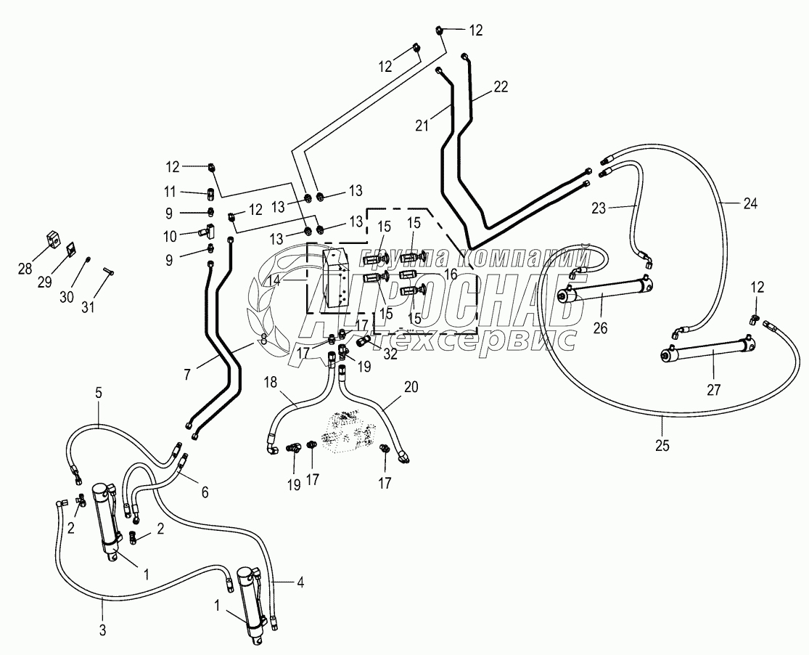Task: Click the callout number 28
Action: click(x=25, y=269)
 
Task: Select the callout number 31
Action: click(x=88, y=307)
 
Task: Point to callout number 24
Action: click(x=750, y=204)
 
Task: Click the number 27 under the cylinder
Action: click(x=714, y=390)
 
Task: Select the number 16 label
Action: click(x=450, y=274)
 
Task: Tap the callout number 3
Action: click(x=102, y=630)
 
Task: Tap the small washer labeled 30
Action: click(x=88, y=259)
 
